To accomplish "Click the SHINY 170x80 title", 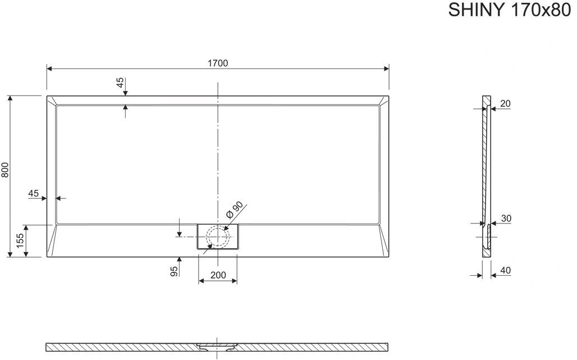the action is tap(509, 10).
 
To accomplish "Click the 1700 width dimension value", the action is tap(218, 63).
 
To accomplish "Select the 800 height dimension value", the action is tap(5, 170).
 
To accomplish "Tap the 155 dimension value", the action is tap(20, 240).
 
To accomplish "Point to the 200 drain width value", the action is tap(218, 275).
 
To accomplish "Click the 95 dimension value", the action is tap(174, 271).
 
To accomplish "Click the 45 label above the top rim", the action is tap(120, 83).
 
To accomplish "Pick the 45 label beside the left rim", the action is tap(34, 193).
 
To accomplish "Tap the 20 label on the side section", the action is tap(506, 104).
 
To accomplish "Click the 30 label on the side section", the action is tap(506, 218).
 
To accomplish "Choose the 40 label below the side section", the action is tap(506, 271).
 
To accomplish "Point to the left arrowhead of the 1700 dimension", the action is tap(49, 69).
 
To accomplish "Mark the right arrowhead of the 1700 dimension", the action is tap(386, 69).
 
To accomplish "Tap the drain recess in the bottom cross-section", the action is tap(217, 345).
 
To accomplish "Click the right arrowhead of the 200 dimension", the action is tap(234, 281).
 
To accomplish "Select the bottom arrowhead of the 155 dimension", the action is tap(26, 254).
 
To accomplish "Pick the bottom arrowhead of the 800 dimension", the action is tap(10, 254).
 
